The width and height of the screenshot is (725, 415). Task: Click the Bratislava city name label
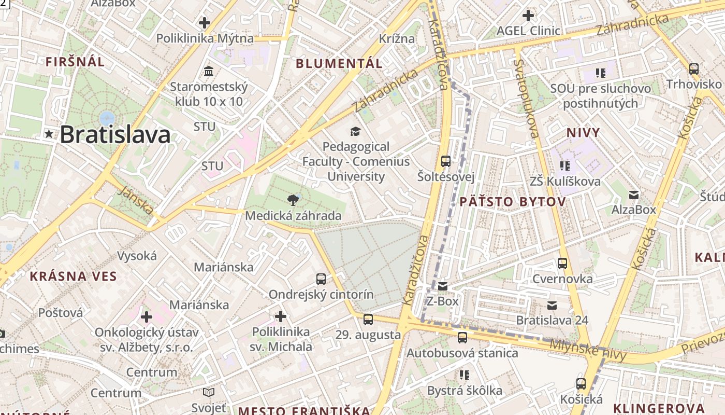tap(115, 135)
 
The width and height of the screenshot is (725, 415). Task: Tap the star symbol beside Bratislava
tap(49, 134)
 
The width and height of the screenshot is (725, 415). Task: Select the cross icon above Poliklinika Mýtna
tap(205, 23)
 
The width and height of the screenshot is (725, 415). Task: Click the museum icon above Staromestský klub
tap(209, 71)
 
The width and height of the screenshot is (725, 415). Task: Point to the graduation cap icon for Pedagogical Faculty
tap(355, 131)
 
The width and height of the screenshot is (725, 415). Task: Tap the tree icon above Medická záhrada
tap(293, 200)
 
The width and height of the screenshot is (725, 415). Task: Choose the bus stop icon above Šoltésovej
tap(446, 161)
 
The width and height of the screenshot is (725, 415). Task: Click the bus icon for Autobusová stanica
tap(462, 338)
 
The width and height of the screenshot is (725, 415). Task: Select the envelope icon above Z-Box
tap(442, 286)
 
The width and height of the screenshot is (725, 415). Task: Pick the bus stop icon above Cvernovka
tap(562, 264)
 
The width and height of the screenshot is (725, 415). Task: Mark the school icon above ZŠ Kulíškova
tap(565, 165)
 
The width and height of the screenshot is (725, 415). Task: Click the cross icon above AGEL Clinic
tap(528, 16)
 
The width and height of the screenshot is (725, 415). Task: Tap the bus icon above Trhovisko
tap(694, 68)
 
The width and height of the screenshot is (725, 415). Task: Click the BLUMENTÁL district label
tap(339, 64)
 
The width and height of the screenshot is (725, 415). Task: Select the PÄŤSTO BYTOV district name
tap(513, 202)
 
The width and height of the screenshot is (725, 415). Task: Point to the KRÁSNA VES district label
tap(73, 276)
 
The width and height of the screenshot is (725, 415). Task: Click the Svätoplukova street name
tap(527, 99)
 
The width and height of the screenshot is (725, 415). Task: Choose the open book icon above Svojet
tap(209, 392)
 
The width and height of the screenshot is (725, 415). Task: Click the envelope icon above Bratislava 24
tap(552, 305)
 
